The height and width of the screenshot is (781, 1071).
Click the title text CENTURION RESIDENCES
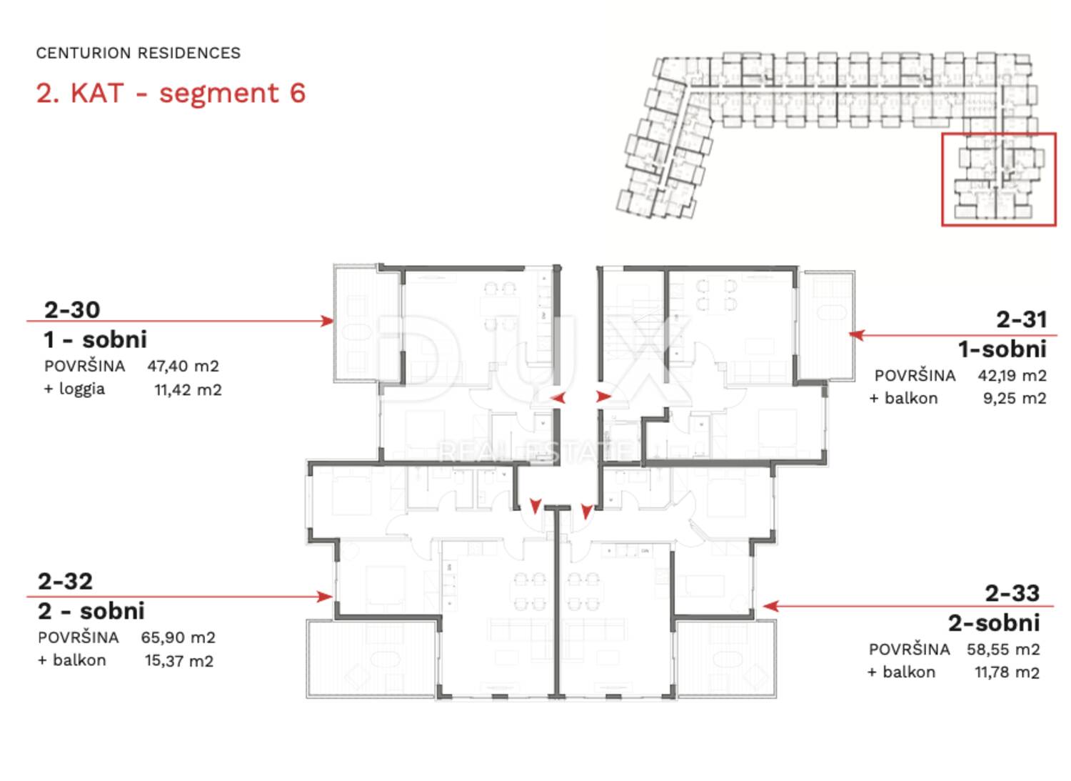[x=139, y=53]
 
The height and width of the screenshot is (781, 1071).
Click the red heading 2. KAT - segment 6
[x=171, y=93]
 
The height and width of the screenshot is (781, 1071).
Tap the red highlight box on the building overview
[x=998, y=134]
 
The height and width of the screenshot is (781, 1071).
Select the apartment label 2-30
[x=72, y=309]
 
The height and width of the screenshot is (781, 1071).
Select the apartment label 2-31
[x=1022, y=319]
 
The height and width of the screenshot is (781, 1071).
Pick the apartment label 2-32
[x=66, y=581]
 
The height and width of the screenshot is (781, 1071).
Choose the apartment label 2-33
[x=1012, y=593]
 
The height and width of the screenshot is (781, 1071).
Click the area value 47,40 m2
[x=183, y=366]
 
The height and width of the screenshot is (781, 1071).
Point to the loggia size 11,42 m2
[x=188, y=390]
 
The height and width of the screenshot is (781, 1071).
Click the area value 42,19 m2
[x=1012, y=376]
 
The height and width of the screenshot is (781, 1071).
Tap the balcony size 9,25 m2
[x=1015, y=398]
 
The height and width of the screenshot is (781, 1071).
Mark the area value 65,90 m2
[x=178, y=637]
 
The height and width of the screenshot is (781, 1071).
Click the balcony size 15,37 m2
[x=179, y=661]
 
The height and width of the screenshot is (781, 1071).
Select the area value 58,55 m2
[x=1003, y=650]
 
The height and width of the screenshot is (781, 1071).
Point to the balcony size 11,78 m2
[x=1007, y=672]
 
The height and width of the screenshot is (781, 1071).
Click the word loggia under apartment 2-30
[x=82, y=389]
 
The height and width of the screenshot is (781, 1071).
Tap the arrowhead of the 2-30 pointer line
[x=328, y=321]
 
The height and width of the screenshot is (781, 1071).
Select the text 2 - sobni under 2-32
[x=91, y=611]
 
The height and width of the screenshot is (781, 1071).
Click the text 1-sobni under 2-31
[x=1002, y=349]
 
